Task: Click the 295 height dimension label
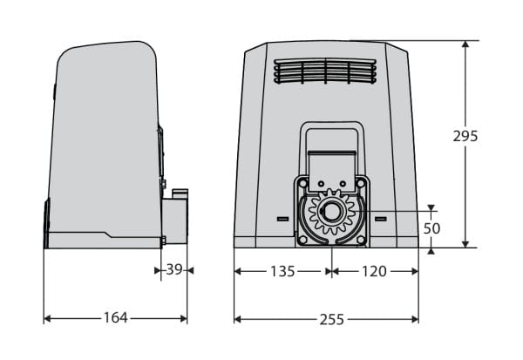[x=465, y=136]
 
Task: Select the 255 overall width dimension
[x=331, y=320]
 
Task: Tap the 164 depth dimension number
[x=115, y=317]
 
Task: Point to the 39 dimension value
[x=174, y=269]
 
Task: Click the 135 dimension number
[x=282, y=271]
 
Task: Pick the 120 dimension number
[x=374, y=271]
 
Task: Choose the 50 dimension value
[x=431, y=228]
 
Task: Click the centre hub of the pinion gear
[x=331, y=212]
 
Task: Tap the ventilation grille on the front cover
[x=325, y=71]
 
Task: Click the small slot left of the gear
[x=282, y=219]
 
